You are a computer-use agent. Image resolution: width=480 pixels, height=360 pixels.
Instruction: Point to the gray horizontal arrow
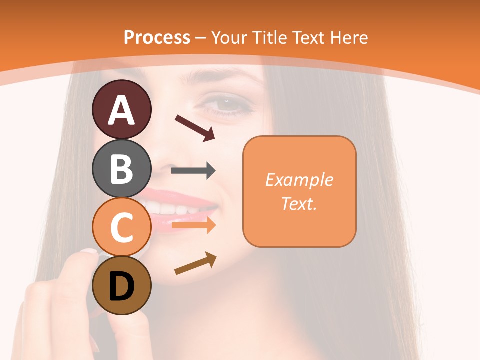pos(193,171)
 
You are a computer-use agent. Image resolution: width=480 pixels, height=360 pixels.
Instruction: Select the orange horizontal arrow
pos(193,226)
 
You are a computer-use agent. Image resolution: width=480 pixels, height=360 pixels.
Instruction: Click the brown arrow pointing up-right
pos(195,264)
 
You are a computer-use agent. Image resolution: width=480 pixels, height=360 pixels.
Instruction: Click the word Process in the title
pos(157,37)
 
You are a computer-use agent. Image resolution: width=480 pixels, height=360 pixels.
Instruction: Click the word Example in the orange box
pos(299,180)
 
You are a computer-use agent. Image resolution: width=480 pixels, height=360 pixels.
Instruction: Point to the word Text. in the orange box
pos(299,204)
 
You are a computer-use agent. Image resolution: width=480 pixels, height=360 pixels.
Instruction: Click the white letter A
pos(122,110)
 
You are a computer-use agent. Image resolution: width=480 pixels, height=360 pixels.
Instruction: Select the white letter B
pos(121,169)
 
